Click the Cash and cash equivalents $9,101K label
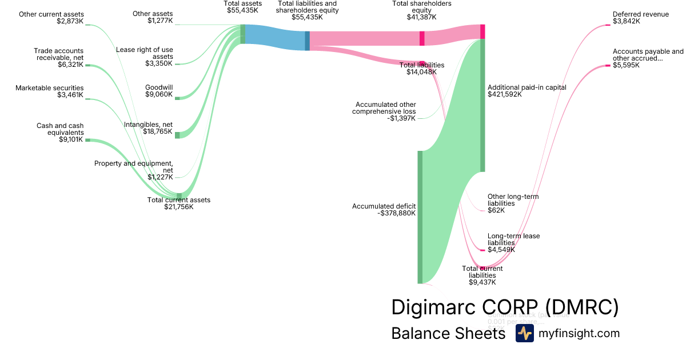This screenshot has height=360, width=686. pyautogui.click(x=59, y=132)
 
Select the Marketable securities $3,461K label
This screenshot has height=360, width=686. pyautogui.click(x=49, y=91)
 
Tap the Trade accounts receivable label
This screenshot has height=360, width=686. pyautogui.click(x=58, y=58)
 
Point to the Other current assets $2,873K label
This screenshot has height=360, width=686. pyautogui.click(x=51, y=18)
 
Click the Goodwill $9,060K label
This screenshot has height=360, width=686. pyautogui.click(x=159, y=91)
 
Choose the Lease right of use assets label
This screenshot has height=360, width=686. pyautogui.click(x=145, y=56)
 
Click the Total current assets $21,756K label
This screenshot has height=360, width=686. pyautogui.click(x=179, y=203)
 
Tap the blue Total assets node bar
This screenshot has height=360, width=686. pyautogui.click(x=243, y=34)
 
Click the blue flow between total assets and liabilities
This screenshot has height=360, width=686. pyautogui.click(x=274, y=38)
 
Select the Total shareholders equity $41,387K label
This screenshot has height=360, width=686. pyautogui.click(x=421, y=10)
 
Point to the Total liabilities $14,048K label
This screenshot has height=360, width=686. pyautogui.click(x=422, y=69)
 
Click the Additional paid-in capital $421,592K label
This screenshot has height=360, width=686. pyautogui.click(x=527, y=91)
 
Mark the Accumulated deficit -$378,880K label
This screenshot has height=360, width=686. pyautogui.click(x=384, y=210)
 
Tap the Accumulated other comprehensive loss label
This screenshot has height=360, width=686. pyautogui.click(x=385, y=111)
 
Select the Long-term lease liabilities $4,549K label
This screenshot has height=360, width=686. pyautogui.click(x=513, y=243)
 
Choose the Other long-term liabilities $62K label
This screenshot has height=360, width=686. pyautogui.click(x=513, y=203)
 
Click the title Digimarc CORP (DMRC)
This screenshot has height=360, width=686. pyautogui.click(x=505, y=307)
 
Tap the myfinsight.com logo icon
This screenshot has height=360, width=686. pyautogui.click(x=524, y=334)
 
